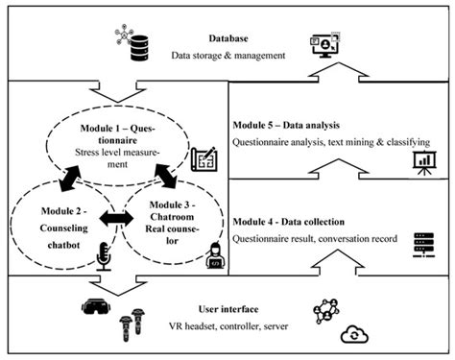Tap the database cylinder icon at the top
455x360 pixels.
point(138,44)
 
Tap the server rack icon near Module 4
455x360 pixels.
point(419,244)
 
